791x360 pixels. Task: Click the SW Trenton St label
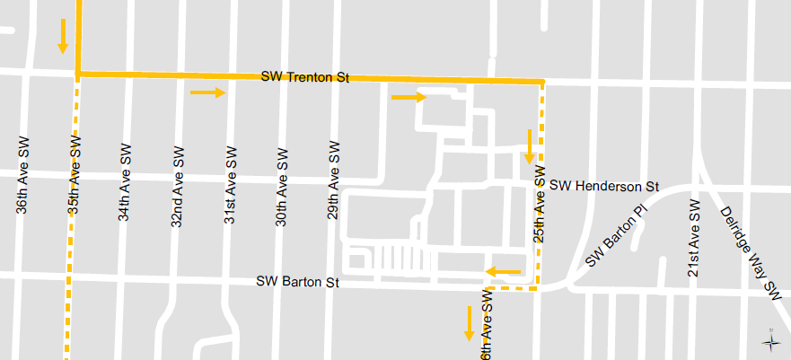[304, 77]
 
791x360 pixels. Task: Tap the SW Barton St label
[298, 282]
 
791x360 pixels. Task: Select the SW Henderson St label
[604, 187]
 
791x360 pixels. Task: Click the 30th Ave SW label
[281, 183]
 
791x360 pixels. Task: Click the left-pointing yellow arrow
[503, 271]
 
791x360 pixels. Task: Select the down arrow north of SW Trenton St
[63, 35]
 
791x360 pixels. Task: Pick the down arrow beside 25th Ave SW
[529, 146]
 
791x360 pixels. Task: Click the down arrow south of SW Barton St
[469, 323]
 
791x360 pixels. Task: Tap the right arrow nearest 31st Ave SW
[207, 92]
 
